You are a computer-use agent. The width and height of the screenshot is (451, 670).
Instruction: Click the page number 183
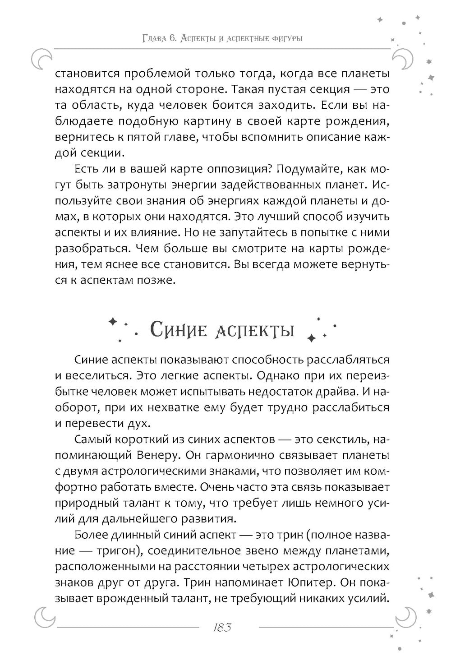221,628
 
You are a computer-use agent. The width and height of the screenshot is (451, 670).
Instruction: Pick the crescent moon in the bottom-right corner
405,614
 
